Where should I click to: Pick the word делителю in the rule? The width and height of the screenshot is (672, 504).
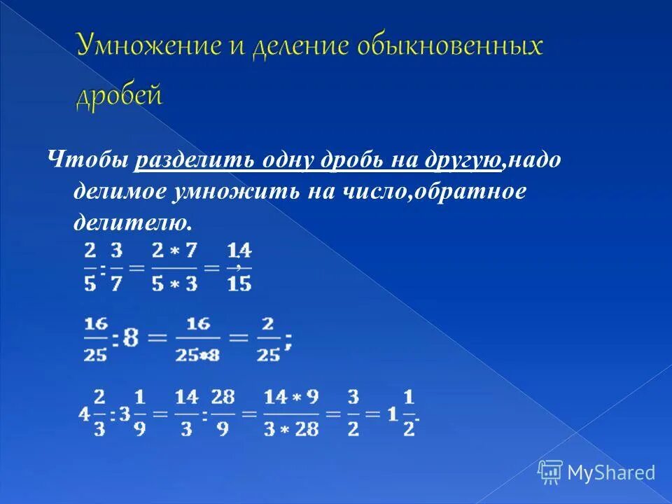131,223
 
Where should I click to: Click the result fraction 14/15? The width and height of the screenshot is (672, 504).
239,267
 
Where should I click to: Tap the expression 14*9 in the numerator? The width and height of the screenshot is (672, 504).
291,398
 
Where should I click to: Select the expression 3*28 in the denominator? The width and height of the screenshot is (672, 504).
291,428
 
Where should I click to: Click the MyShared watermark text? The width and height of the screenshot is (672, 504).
610,472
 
